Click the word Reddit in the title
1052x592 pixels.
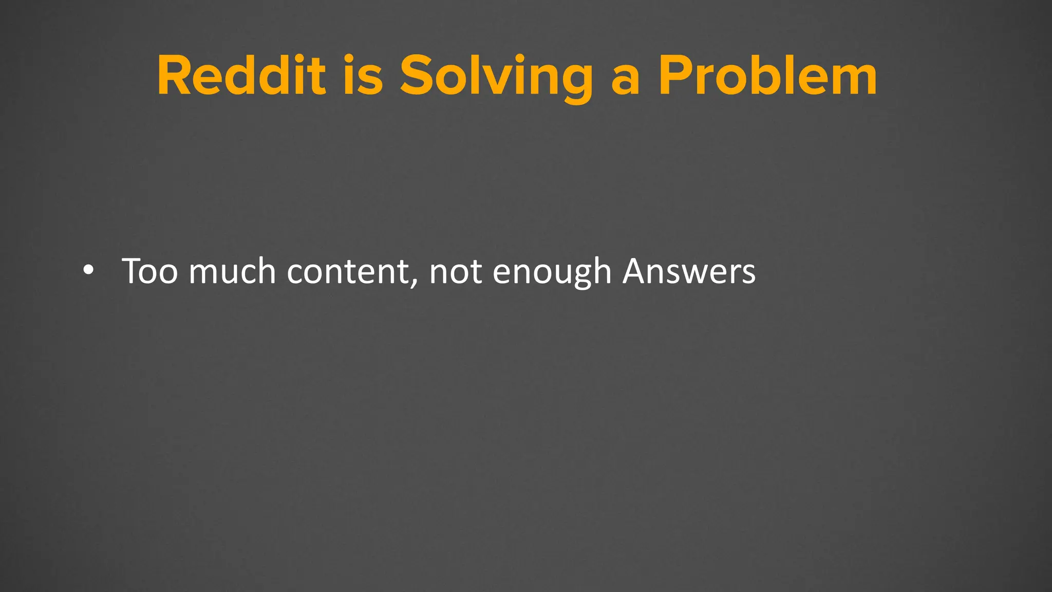(x=241, y=76)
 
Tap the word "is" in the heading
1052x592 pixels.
(x=363, y=76)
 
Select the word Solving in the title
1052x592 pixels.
(x=496, y=77)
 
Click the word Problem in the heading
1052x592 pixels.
(x=768, y=76)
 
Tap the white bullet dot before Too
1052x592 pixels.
(x=88, y=271)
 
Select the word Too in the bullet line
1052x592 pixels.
(x=149, y=271)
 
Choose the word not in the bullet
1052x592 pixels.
(x=455, y=272)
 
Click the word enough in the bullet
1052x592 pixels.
(x=552, y=273)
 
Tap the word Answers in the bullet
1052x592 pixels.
(x=689, y=271)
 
